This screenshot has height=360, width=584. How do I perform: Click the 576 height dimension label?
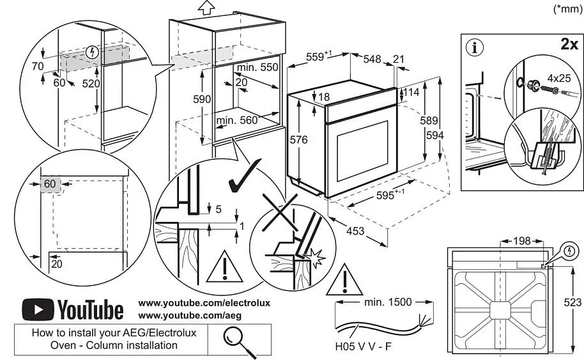(298, 139)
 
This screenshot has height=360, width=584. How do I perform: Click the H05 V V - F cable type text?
(363, 348)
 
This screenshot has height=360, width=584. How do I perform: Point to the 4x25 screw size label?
(563, 78)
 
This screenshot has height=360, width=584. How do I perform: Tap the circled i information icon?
(476, 47)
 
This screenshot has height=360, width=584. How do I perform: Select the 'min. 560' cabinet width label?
(238, 120)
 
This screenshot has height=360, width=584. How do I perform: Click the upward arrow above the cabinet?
(205, 8)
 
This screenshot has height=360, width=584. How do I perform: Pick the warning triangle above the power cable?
(344, 282)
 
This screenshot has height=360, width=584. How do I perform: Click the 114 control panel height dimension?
(411, 93)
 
